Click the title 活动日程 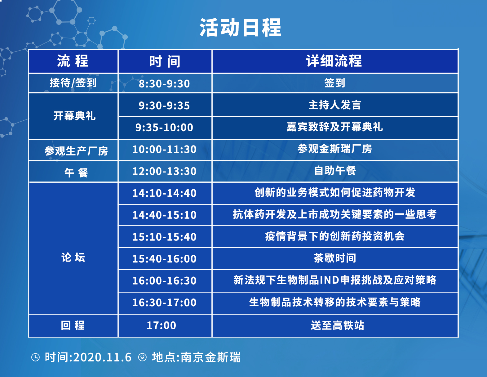point(240,27)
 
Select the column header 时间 point(165,61)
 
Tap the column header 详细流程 point(334,61)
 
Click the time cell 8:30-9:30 point(164,83)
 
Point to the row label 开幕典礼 point(74,116)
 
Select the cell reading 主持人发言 point(334,105)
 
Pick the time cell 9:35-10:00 point(164,128)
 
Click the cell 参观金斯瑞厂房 point(334,149)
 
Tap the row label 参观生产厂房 point(76,151)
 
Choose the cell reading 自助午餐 point(335,170)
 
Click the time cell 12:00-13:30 point(164,171)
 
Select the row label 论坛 point(73,257)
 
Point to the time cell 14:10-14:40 point(164,193)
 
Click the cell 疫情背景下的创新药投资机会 point(335,236)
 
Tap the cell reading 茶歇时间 point(335,258)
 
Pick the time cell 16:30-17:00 point(164,302)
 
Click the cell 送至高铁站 point(337,325)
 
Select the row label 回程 point(73,325)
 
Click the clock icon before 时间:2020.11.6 point(35,357)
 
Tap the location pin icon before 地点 point(142,357)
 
